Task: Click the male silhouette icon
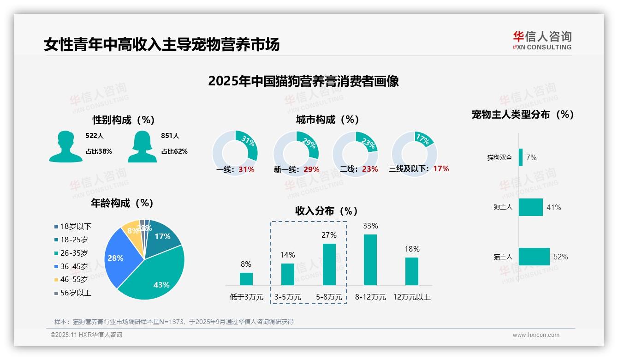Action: [x=65, y=146]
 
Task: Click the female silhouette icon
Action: [x=142, y=146]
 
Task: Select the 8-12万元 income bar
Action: [x=370, y=259]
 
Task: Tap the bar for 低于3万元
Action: [x=246, y=279]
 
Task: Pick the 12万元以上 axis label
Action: [x=412, y=297]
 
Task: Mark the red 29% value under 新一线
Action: [x=311, y=170]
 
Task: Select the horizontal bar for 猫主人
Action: [x=534, y=257]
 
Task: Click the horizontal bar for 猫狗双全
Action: [x=521, y=157]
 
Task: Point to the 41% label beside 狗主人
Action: [x=553, y=208]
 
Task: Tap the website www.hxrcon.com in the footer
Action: [x=536, y=335]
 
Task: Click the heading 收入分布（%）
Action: [x=327, y=211]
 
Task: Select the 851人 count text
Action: [x=170, y=136]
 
